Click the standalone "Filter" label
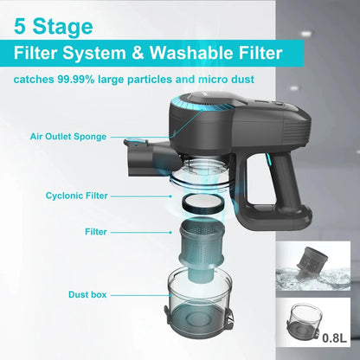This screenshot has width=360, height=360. point(96,232)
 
